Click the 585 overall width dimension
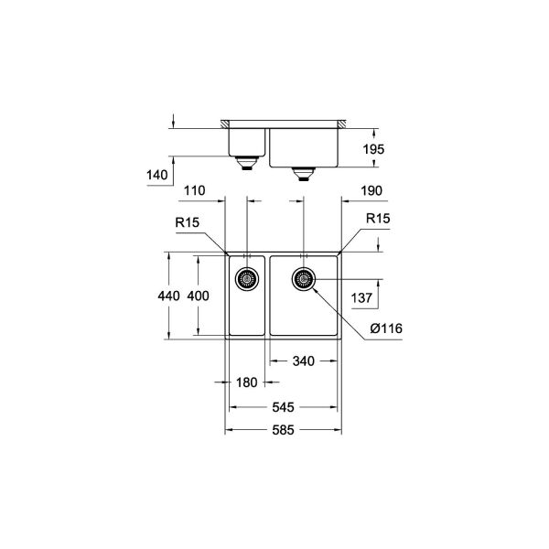283,431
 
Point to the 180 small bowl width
244,382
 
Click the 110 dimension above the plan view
193,190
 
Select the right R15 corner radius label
378,220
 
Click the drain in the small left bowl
245,278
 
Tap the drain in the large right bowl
304,278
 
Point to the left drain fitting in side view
245,165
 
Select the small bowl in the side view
245,142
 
